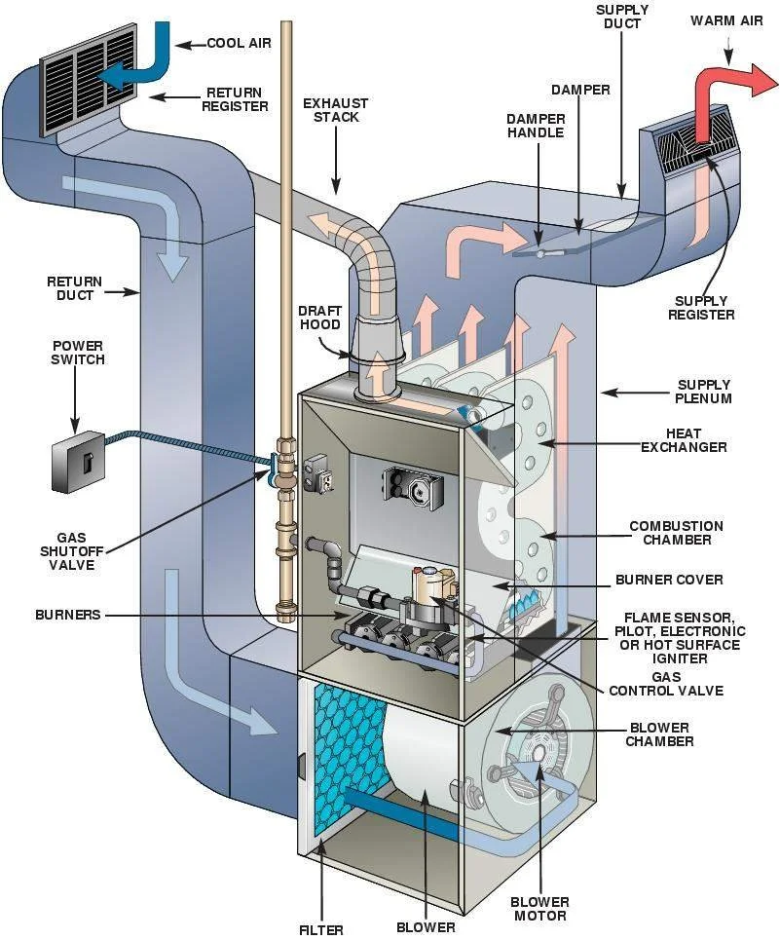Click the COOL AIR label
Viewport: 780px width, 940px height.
pos(239,44)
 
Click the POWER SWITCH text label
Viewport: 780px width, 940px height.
pos(78,352)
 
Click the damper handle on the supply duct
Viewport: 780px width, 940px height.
pos(541,252)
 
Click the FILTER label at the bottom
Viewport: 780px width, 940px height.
pos(320,929)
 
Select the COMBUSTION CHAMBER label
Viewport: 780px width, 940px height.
pos(676,533)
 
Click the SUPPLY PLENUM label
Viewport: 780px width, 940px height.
pos(702,392)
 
